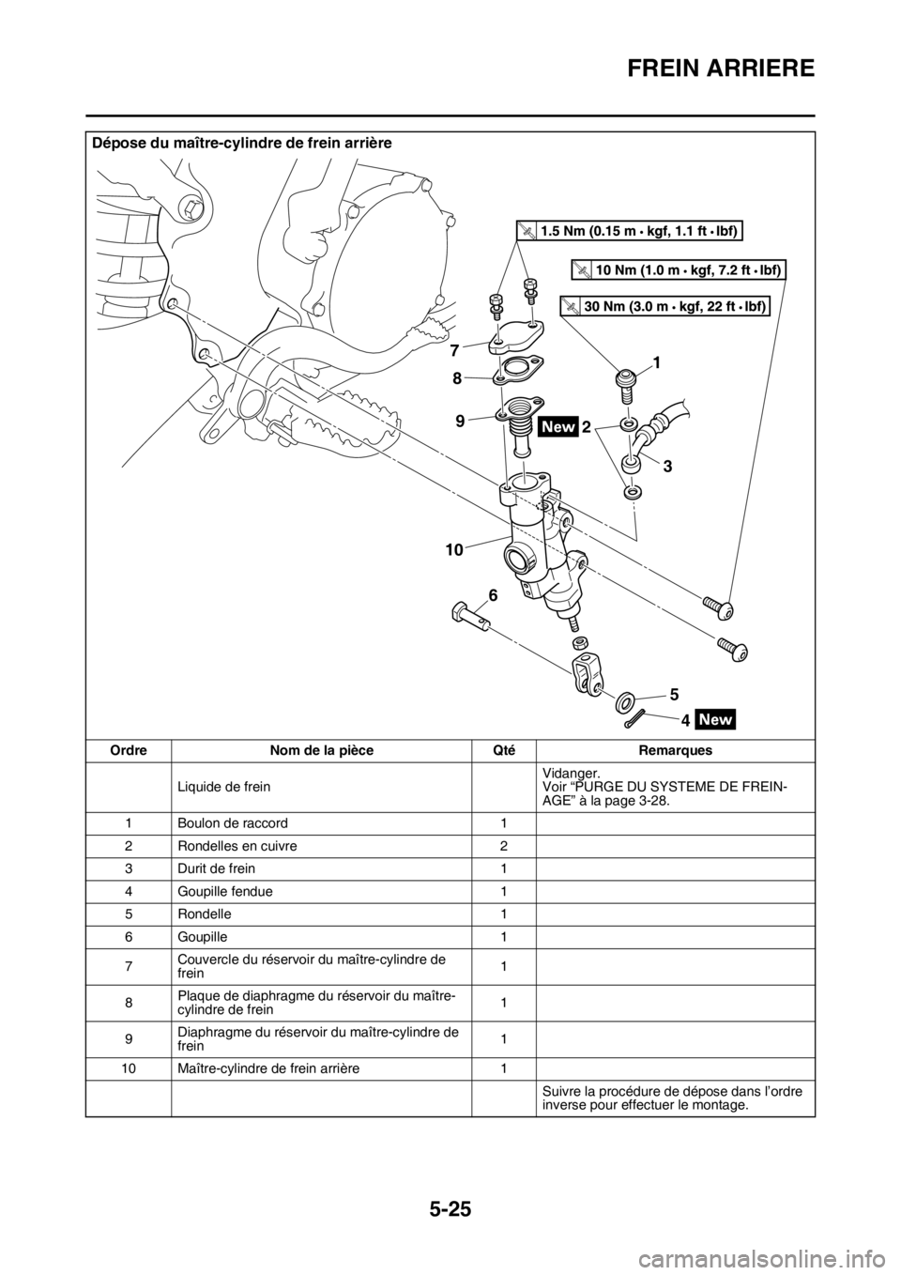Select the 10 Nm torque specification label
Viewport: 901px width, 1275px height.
click(x=679, y=270)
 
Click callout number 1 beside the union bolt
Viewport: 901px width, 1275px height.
click(x=657, y=361)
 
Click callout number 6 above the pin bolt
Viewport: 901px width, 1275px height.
click(x=492, y=595)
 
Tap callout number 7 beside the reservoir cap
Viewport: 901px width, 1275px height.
click(x=453, y=349)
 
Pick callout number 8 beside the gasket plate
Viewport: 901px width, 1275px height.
click(x=456, y=378)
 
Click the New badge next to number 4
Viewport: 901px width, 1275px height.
click(x=716, y=720)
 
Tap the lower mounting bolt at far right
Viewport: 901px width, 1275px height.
click(x=732, y=650)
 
